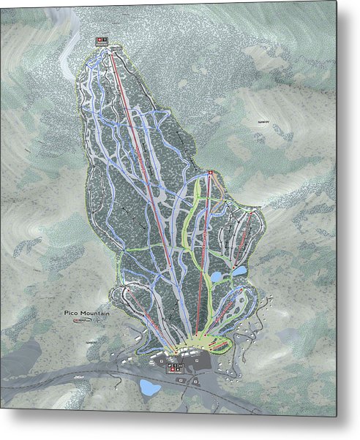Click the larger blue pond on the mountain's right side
pos(218,277)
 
